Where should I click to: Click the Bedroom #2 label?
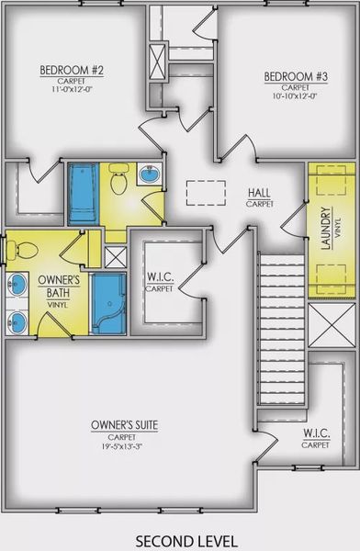pyautogui.click(x=72, y=71)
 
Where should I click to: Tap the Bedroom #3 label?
pyautogui.click(x=296, y=76)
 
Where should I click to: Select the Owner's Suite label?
pyautogui.click(x=125, y=425)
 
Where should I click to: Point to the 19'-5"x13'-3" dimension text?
pyautogui.click(x=122, y=446)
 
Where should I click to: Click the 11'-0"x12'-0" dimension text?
pyautogui.click(x=72, y=89)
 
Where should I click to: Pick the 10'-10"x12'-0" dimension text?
pyautogui.click(x=296, y=96)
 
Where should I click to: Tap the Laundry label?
pyautogui.click(x=326, y=228)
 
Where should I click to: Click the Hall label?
pyautogui.click(x=260, y=193)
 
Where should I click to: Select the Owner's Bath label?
pyautogui.click(x=59, y=287)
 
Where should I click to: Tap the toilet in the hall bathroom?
pyautogui.click(x=118, y=179)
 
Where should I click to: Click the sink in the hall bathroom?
pyautogui.click(x=150, y=174)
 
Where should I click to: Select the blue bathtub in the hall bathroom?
pyautogui.click(x=83, y=194)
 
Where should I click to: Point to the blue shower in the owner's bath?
pyautogui.click(x=108, y=304)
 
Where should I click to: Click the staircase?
pyautogui.click(x=282, y=330)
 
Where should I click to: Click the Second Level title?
pyautogui.click(x=186, y=541)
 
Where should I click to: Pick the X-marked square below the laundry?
pyautogui.click(x=332, y=325)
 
